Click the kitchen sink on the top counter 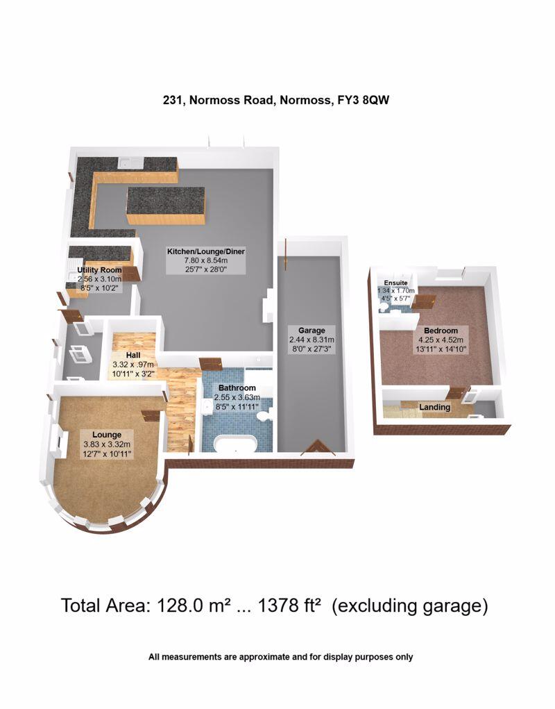pos(130,162)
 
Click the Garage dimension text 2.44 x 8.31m pos(307,340)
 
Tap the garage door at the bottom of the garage pos(318,448)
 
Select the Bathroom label pos(238,387)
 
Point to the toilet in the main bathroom pos(263,416)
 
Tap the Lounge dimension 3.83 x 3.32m pos(108,444)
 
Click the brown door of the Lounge pos(150,415)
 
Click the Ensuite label pos(397,283)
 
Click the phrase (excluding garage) pos(409,606)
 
